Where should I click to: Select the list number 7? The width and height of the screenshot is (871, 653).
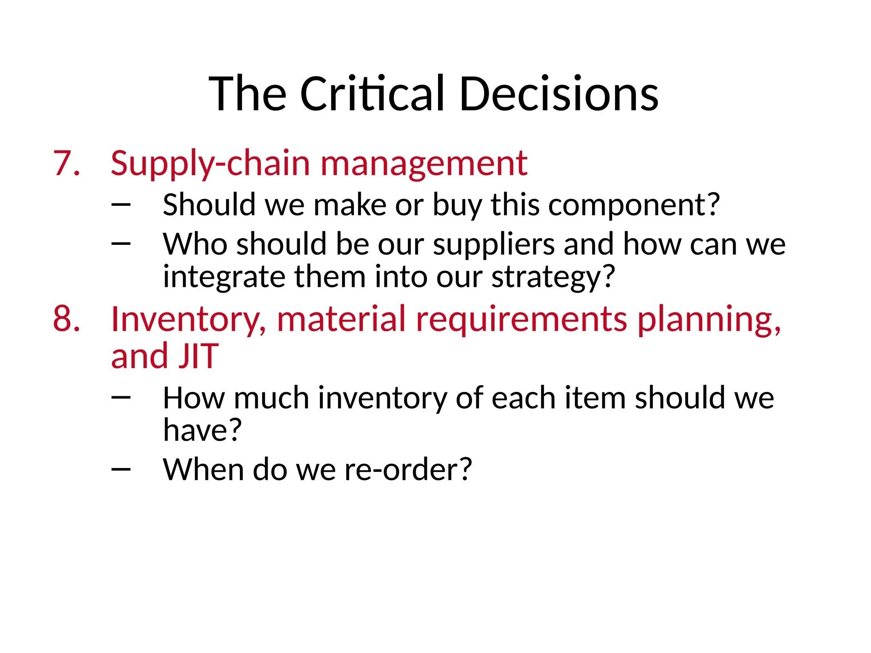(66, 163)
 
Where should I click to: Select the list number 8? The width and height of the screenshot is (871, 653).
(66, 319)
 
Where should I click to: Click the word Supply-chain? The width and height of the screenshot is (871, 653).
(210, 164)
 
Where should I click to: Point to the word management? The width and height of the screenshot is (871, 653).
(424, 164)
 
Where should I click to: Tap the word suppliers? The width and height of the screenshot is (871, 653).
(494, 245)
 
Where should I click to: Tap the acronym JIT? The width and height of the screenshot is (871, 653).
(198, 356)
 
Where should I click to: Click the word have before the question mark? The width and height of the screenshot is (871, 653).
(196, 430)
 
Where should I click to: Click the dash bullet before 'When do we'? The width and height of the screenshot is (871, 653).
(121, 469)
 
